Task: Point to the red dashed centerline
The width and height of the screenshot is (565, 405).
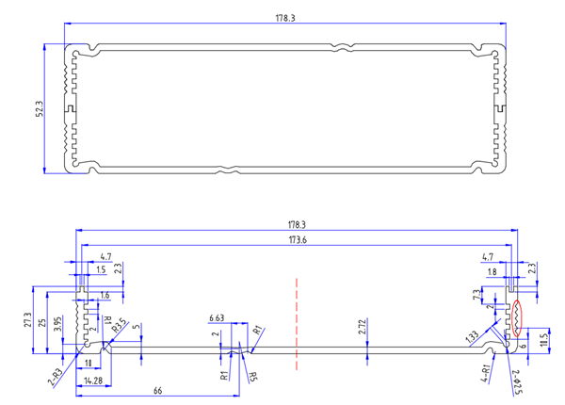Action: point(297,320)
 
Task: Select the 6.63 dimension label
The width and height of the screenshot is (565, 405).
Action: point(217,318)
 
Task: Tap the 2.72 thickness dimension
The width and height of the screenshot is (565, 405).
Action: point(363,327)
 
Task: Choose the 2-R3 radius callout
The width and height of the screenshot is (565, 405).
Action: point(56,376)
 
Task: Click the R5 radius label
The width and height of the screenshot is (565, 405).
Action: point(252,377)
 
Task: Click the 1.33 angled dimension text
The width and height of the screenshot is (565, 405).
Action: point(471,336)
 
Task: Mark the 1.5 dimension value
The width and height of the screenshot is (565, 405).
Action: point(101,270)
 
